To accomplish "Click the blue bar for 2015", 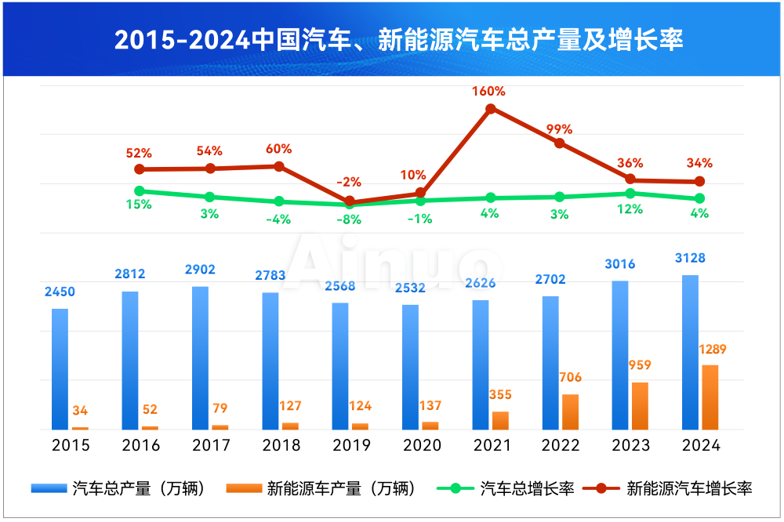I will [60, 368].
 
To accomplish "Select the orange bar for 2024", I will [710, 397].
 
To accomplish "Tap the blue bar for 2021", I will [480, 364].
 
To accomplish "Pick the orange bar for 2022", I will [570, 411].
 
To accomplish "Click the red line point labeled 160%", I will [490, 109].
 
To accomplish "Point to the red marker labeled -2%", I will [350, 201].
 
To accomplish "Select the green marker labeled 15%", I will [140, 190].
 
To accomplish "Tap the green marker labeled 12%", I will [630, 193].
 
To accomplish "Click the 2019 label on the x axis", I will [351, 445].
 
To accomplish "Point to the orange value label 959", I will [640, 365].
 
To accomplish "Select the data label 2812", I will [129, 274].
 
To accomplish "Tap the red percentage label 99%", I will [560, 129].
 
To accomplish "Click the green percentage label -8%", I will [349, 220].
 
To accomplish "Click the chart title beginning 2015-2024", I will [392, 39].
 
